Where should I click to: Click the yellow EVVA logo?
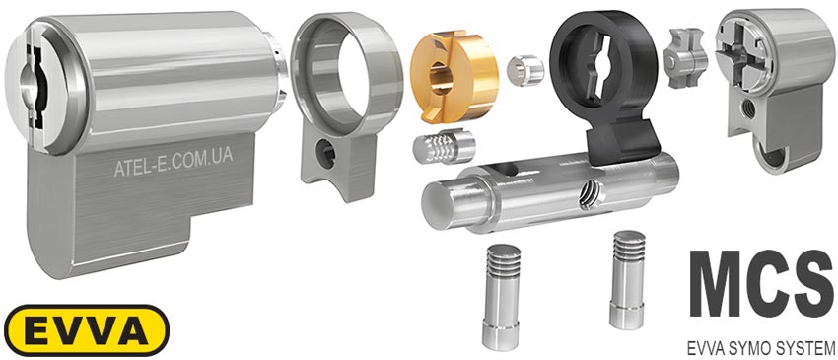pyautogui.click(x=87, y=330)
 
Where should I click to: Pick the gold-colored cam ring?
pyautogui.click(x=454, y=75)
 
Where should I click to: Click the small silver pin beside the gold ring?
pyautogui.click(x=524, y=70)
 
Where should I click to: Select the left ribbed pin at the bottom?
pyautogui.click(x=500, y=297)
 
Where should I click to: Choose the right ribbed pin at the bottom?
pyautogui.click(x=629, y=279)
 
